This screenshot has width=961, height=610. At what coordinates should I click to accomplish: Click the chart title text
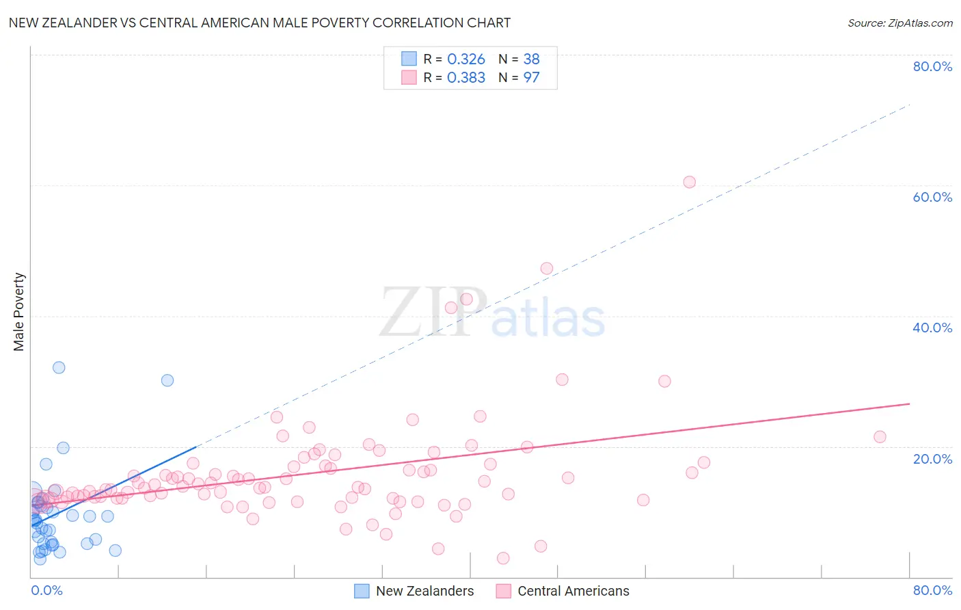pos(260,23)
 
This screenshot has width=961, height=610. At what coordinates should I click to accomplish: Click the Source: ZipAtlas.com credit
pos(899,23)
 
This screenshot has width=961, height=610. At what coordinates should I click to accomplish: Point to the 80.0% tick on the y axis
pos(932,66)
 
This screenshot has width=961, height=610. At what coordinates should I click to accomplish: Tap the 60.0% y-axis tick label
pos(932,197)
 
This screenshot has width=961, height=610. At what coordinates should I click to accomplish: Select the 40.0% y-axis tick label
pos(932,328)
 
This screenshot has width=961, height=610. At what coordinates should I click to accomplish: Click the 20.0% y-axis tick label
pos(932,459)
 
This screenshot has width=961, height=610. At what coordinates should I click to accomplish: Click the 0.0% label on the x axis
pos(46,590)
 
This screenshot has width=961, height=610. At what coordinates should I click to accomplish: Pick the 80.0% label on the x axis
pos(932,590)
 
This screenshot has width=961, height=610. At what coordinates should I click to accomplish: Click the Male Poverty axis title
pos(18,312)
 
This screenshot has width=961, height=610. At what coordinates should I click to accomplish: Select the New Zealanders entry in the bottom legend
pos(424,591)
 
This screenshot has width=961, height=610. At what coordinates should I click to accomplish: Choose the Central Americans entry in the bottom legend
pos(573,591)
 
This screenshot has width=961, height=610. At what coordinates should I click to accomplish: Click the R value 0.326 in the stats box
pos(465,59)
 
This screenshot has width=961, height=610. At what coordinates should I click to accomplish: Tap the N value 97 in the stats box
pos(531,78)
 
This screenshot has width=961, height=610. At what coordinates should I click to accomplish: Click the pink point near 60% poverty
pos(689,182)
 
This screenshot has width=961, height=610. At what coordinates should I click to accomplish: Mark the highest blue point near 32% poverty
pos(59,367)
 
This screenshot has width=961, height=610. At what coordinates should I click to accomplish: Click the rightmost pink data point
pos(880,437)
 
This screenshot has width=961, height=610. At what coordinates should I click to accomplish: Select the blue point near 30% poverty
pos(167,380)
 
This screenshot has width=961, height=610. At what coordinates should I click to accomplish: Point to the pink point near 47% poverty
pos(546,269)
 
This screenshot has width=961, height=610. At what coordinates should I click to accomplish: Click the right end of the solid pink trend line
pos(909,403)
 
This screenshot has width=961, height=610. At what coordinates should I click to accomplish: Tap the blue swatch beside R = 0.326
pos(409,59)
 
